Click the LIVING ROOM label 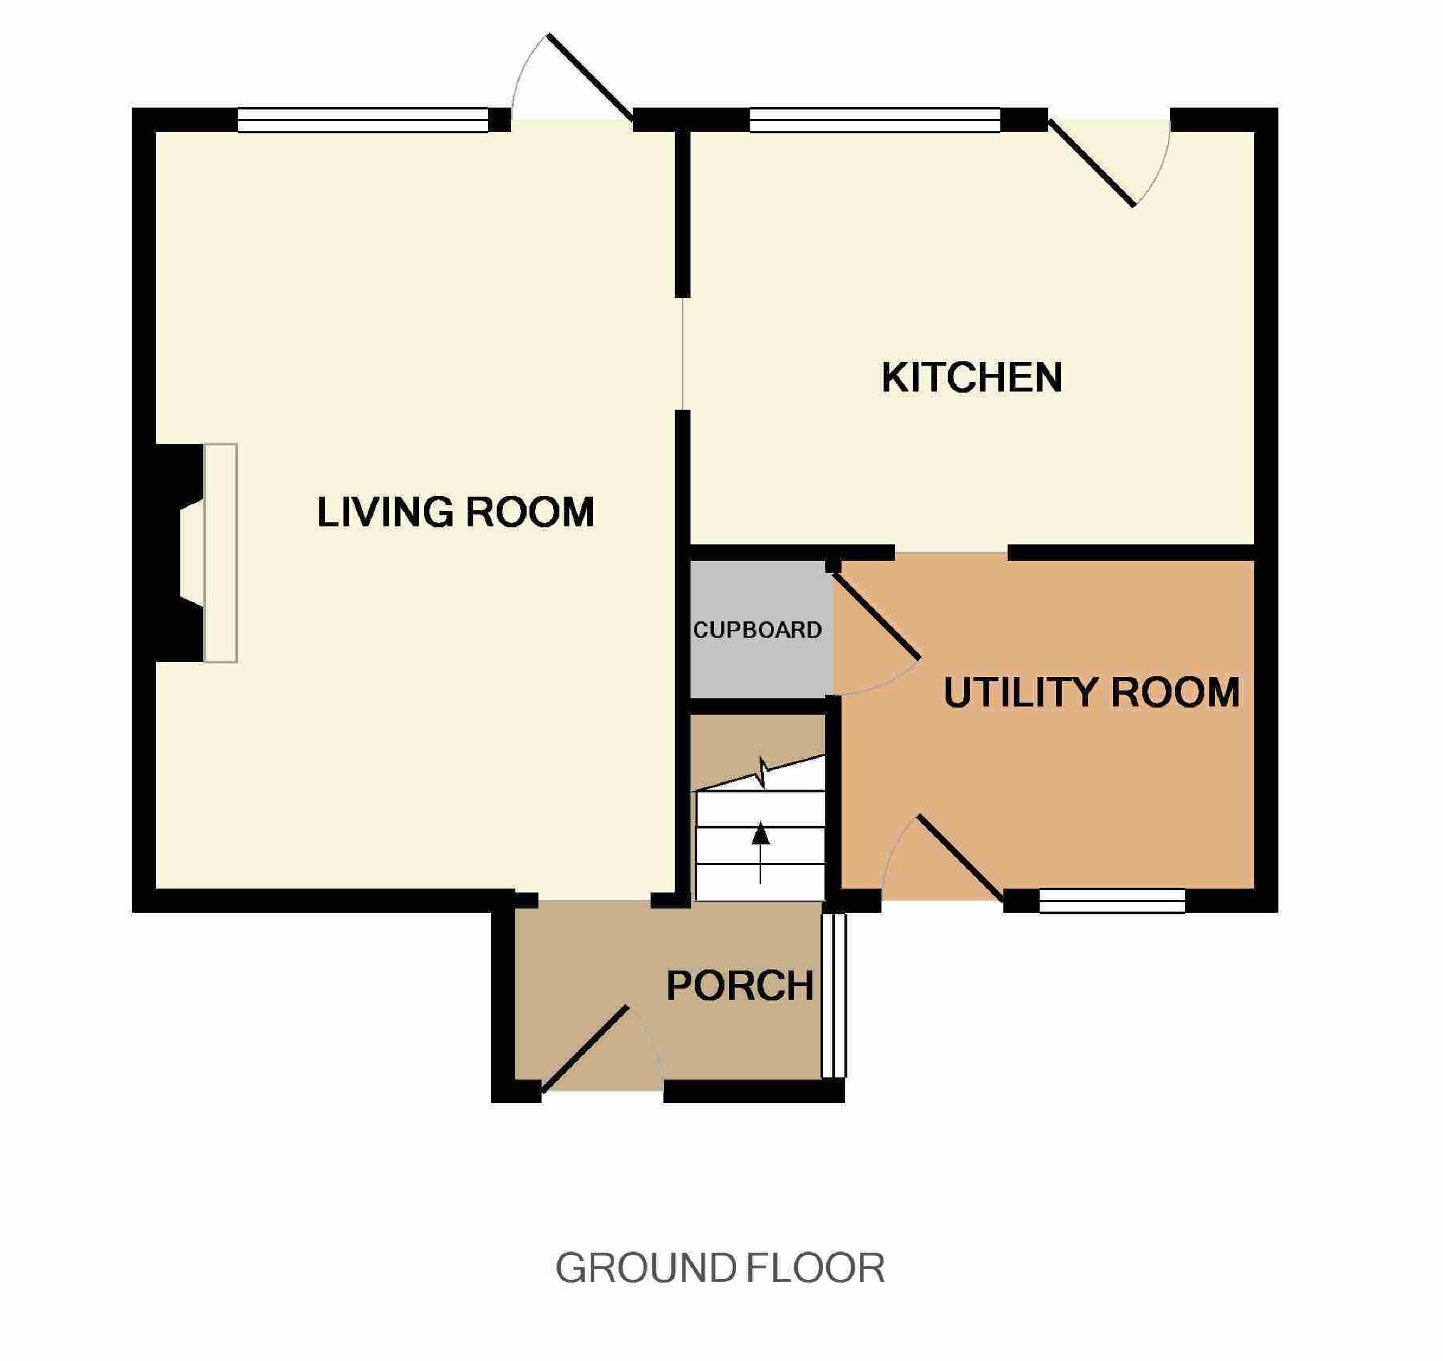[x=456, y=512]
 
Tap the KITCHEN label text [x=972, y=378]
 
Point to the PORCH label [x=740, y=985]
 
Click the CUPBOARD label [x=757, y=630]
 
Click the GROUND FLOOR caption [x=720, y=1268]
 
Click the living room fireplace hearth [x=221, y=552]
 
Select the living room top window [x=363, y=120]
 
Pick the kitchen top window [x=874, y=120]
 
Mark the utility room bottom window [x=1112, y=901]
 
